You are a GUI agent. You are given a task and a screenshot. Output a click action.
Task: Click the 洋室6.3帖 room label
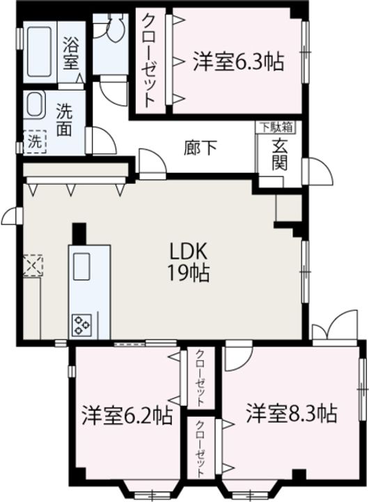237,61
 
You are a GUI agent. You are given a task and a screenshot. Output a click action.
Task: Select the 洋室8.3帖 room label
290,414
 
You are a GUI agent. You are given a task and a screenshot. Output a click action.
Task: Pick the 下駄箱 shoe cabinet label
277,127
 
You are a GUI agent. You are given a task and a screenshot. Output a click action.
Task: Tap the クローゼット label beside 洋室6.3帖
150,59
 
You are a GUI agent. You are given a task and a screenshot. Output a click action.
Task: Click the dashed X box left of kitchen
31,265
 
